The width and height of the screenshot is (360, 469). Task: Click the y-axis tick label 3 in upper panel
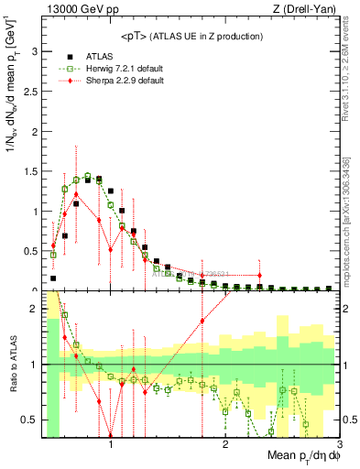(35, 51)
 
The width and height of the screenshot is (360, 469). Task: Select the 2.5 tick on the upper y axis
(31, 92)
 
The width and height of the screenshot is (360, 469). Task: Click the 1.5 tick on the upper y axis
(31, 171)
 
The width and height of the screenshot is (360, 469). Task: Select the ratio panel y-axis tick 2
(35, 309)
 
